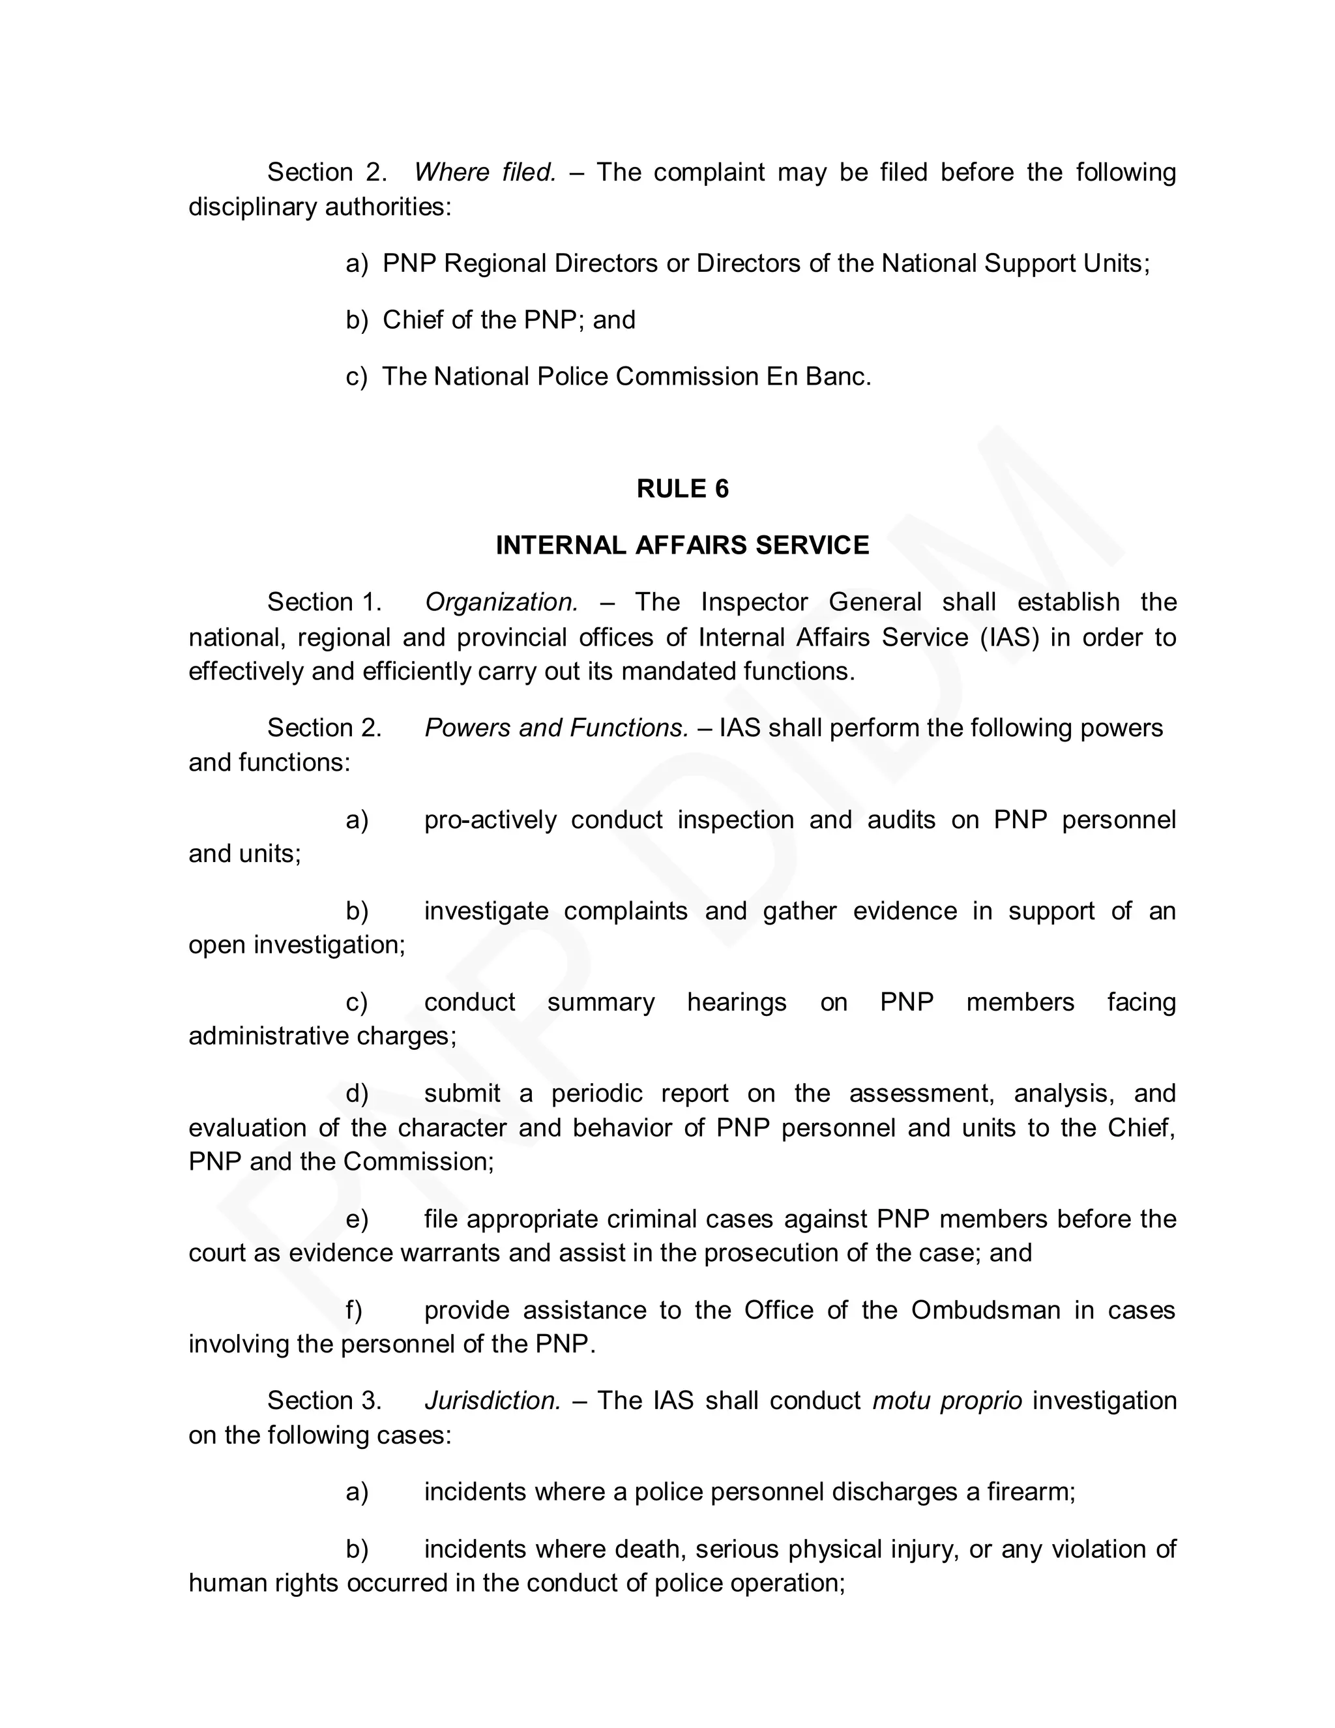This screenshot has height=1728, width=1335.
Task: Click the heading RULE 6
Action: click(682, 489)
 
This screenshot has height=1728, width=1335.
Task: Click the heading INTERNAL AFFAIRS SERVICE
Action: click(682, 545)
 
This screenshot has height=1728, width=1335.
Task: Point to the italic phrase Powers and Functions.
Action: click(557, 728)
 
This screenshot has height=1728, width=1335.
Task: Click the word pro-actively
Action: click(490, 820)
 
